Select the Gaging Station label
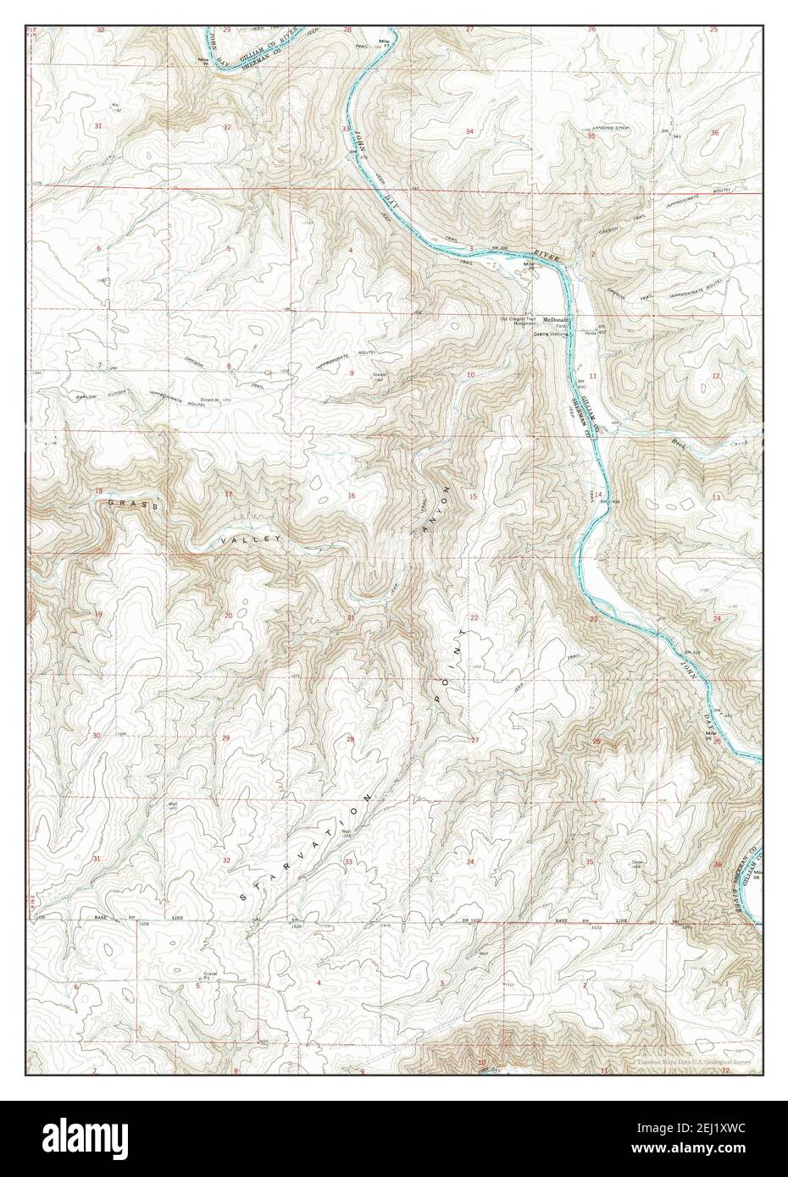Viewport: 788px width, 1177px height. [549, 334]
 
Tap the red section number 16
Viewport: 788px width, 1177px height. [351, 495]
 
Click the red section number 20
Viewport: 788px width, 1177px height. [228, 616]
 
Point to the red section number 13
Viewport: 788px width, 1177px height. [716, 498]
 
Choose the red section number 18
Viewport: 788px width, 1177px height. [98, 492]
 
